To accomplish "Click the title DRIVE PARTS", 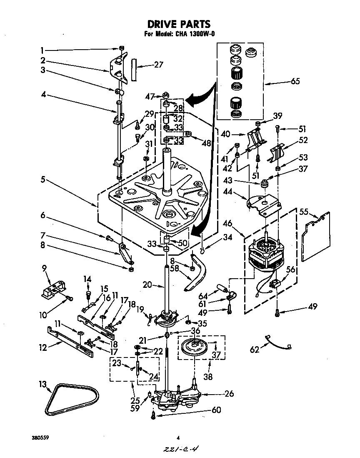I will pos(180,24).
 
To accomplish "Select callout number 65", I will pos(295,81).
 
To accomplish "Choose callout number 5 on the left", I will pos(43,180).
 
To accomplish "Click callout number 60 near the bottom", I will pos(216,410).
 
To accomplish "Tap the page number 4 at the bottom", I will pos(178,438).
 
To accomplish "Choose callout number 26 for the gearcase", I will pos(229,394).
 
